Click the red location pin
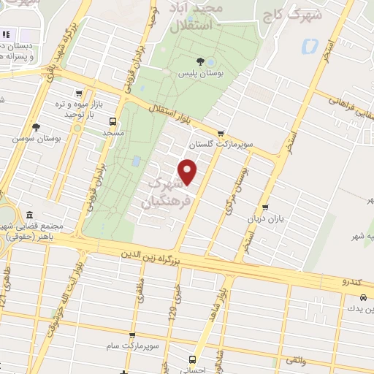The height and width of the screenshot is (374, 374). click(188, 172)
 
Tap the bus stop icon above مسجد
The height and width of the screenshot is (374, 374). click(111, 121)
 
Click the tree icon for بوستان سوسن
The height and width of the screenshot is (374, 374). click(36, 126)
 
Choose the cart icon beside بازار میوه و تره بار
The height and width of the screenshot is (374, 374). click(78, 93)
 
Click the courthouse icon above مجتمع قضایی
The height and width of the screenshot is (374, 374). click(30, 215)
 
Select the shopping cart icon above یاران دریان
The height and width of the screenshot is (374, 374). click(264, 207)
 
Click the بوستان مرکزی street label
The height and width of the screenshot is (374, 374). click(237, 183)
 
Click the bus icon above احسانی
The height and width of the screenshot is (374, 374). click(192, 359)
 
